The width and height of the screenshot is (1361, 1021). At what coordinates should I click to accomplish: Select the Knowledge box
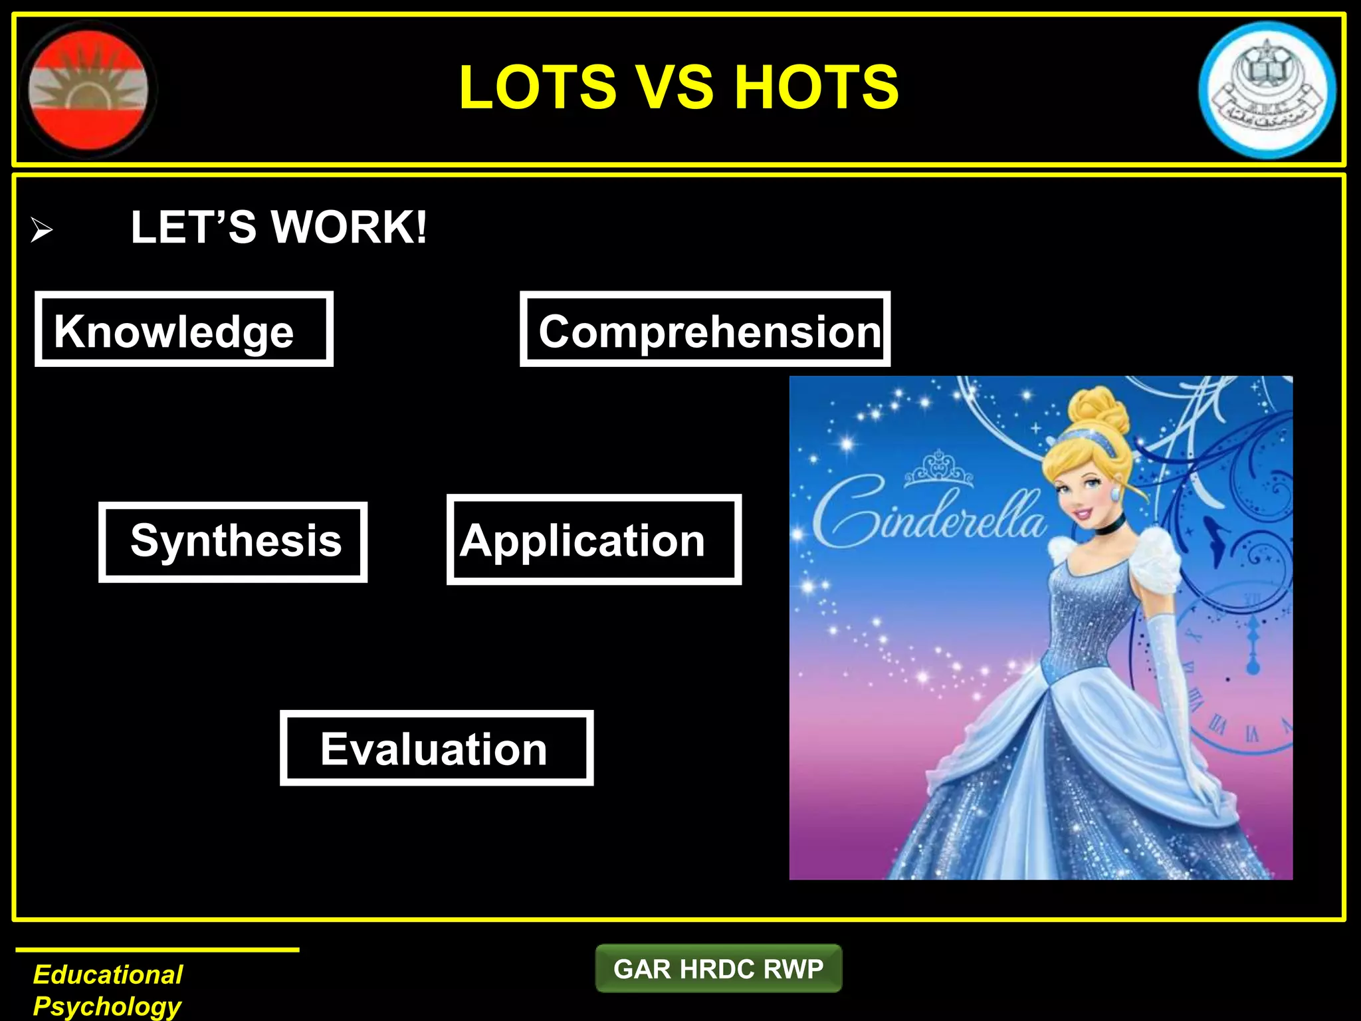click(184, 329)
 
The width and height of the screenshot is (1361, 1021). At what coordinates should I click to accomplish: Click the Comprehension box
click(705, 329)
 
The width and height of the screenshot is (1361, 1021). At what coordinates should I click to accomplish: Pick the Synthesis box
click(233, 542)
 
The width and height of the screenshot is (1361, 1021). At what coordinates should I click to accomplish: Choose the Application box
click(593, 540)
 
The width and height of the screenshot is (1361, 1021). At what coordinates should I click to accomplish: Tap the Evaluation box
click(436, 748)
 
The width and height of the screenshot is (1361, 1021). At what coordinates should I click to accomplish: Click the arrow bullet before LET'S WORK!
click(41, 231)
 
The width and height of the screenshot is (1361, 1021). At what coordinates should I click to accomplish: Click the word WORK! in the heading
click(349, 227)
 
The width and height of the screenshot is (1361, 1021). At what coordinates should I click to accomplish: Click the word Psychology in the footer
click(107, 1006)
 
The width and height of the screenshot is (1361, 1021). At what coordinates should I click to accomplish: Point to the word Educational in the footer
click(108, 974)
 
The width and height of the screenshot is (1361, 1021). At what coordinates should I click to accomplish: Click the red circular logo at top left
click(88, 89)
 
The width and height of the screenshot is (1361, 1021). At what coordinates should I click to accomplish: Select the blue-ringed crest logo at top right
click(1267, 90)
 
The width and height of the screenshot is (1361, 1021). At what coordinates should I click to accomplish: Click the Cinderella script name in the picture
click(927, 518)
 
